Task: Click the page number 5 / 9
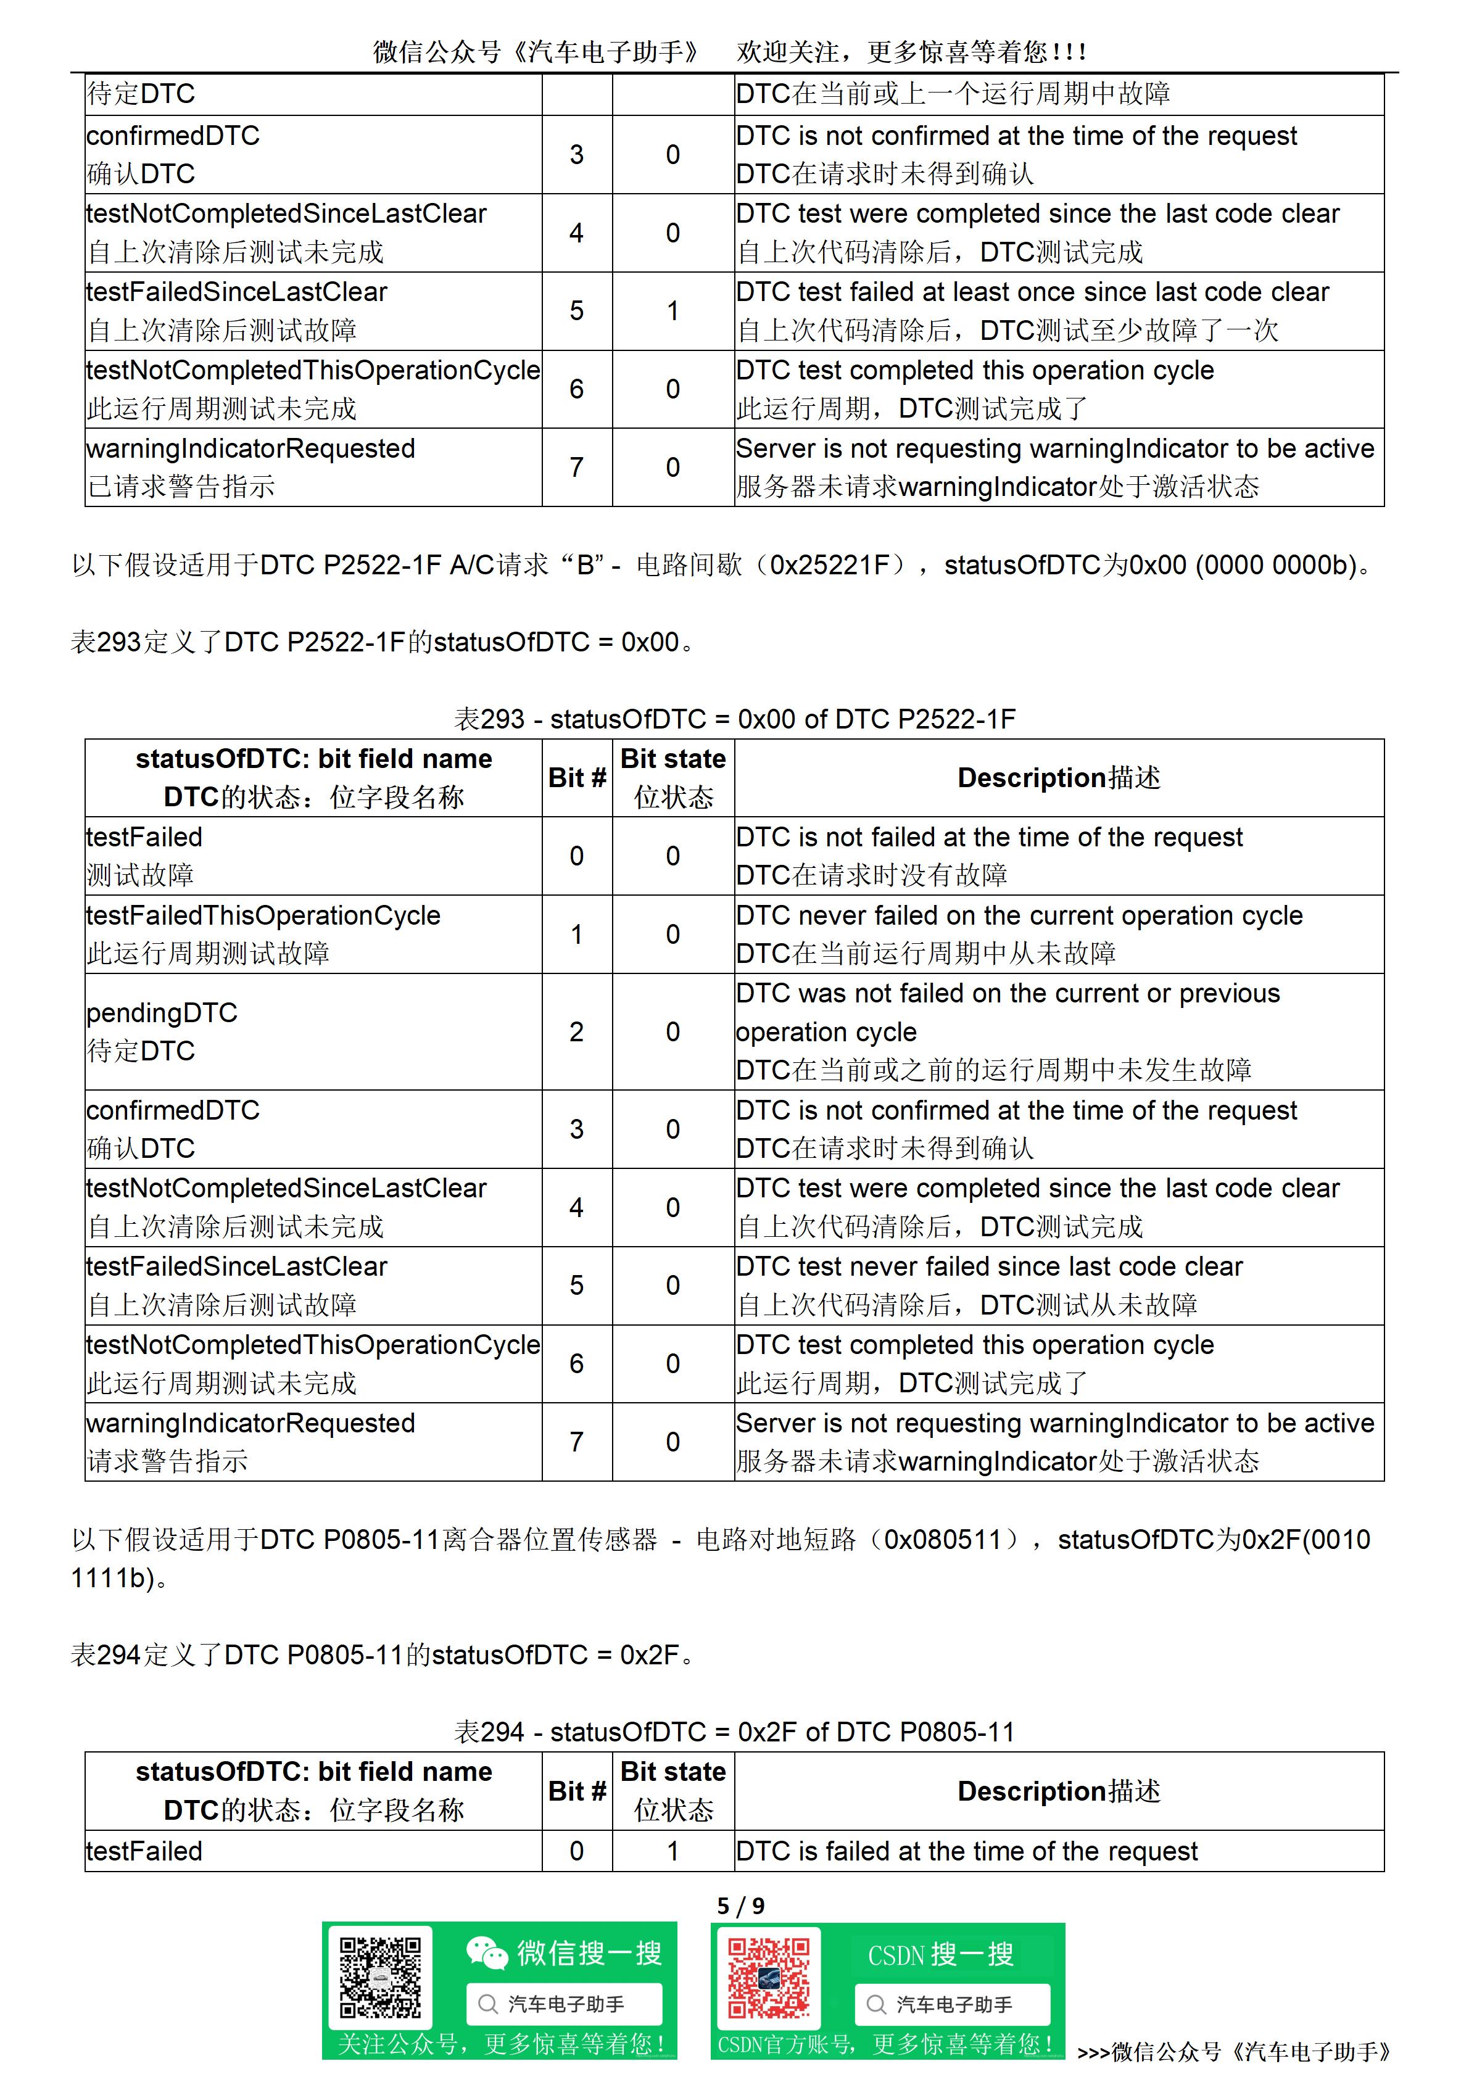coord(740,1906)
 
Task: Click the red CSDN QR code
coord(769,1978)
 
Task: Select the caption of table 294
coord(734,1732)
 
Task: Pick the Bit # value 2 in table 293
coord(576,1032)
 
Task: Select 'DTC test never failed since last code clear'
coord(988,1266)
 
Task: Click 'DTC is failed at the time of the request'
coord(966,1851)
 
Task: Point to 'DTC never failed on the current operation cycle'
coord(1019,915)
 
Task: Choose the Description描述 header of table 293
coord(1058,778)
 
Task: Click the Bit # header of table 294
coord(576,1791)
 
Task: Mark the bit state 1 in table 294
coord(672,1851)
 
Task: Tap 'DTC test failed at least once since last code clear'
coord(1032,292)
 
